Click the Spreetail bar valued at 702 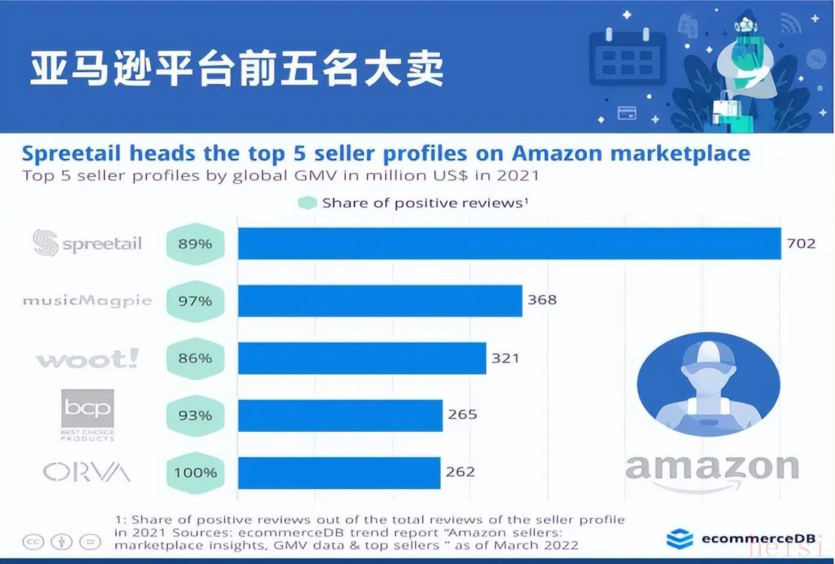509,243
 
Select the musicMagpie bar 380,301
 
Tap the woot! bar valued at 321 362,358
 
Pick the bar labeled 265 340,415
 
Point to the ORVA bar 339,472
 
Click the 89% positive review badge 195,244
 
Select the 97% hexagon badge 195,301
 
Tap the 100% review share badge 195,472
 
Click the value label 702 801,243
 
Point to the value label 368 542,299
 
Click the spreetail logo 87,243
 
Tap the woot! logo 87,359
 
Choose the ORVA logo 87,472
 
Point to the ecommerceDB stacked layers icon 679,539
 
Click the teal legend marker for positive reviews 307,203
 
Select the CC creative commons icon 33,542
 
